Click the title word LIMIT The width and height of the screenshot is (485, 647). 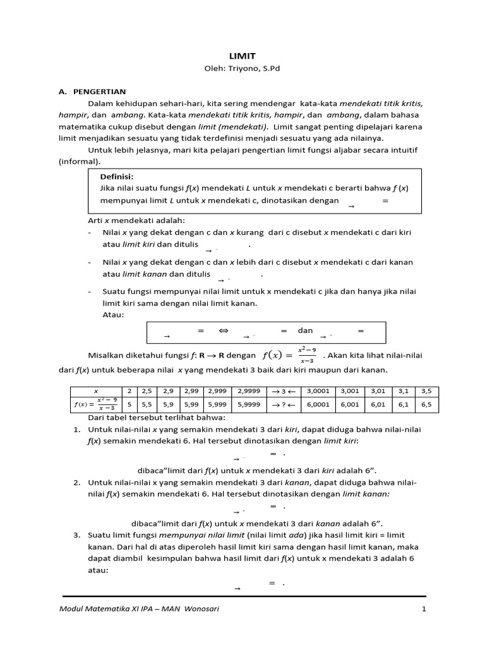pos(242,56)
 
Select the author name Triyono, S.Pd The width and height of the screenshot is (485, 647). pos(254,69)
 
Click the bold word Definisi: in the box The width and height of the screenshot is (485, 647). pos(117,176)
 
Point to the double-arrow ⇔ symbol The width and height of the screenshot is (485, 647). pos(223,330)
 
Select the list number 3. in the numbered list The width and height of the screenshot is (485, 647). pos(76,535)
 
